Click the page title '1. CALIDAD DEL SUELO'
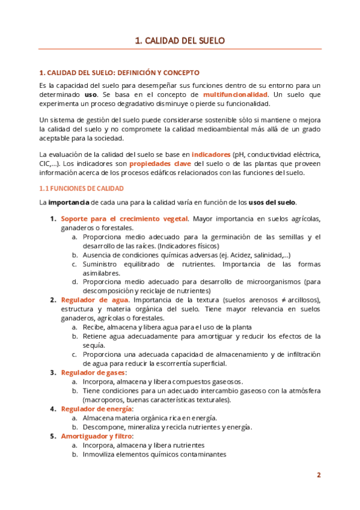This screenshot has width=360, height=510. click(x=180, y=41)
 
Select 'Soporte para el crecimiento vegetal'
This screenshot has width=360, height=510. click(x=124, y=218)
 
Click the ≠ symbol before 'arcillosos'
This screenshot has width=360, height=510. click(x=282, y=300)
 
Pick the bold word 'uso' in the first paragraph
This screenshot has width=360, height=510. click(x=90, y=95)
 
